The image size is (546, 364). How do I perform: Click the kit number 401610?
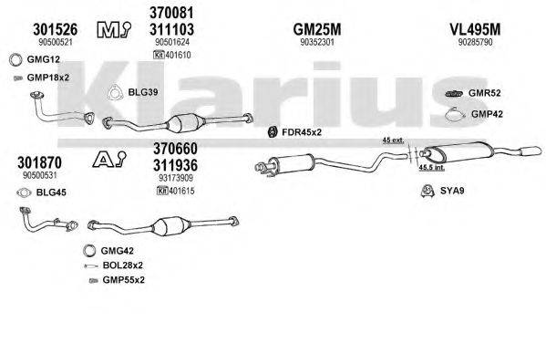click(178, 56)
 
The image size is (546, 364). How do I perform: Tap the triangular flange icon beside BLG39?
click(116, 91)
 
